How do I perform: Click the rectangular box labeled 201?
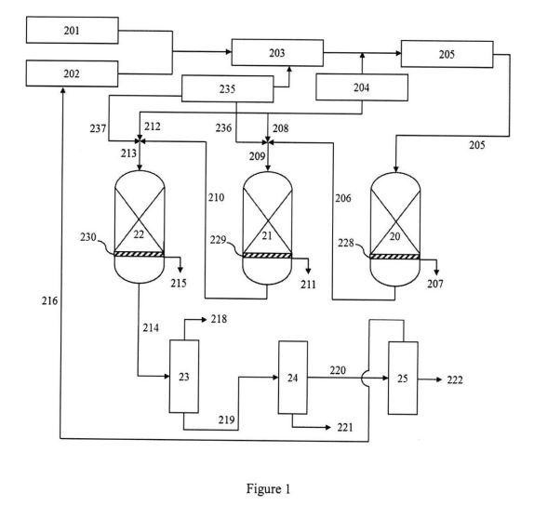point(73,30)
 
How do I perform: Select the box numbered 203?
point(277,53)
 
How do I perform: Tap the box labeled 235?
point(228,89)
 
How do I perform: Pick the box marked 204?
point(362,87)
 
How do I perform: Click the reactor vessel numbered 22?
point(140,227)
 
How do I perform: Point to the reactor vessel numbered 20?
point(395,230)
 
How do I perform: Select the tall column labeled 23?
point(184,377)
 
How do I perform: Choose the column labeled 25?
point(403,379)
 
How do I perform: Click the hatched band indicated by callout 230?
point(139,254)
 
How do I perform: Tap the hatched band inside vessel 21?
point(267,255)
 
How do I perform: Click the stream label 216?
point(49,301)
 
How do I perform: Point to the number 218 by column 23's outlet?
point(219,319)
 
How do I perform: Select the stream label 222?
point(455,379)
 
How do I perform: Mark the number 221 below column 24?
point(345,427)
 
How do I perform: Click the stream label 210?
point(216,197)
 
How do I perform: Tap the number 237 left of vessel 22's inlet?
point(98,128)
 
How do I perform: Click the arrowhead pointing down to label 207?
point(436,273)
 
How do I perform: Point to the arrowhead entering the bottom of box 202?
point(62,90)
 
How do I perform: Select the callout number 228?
point(346,243)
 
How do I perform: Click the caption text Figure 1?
point(268,489)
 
